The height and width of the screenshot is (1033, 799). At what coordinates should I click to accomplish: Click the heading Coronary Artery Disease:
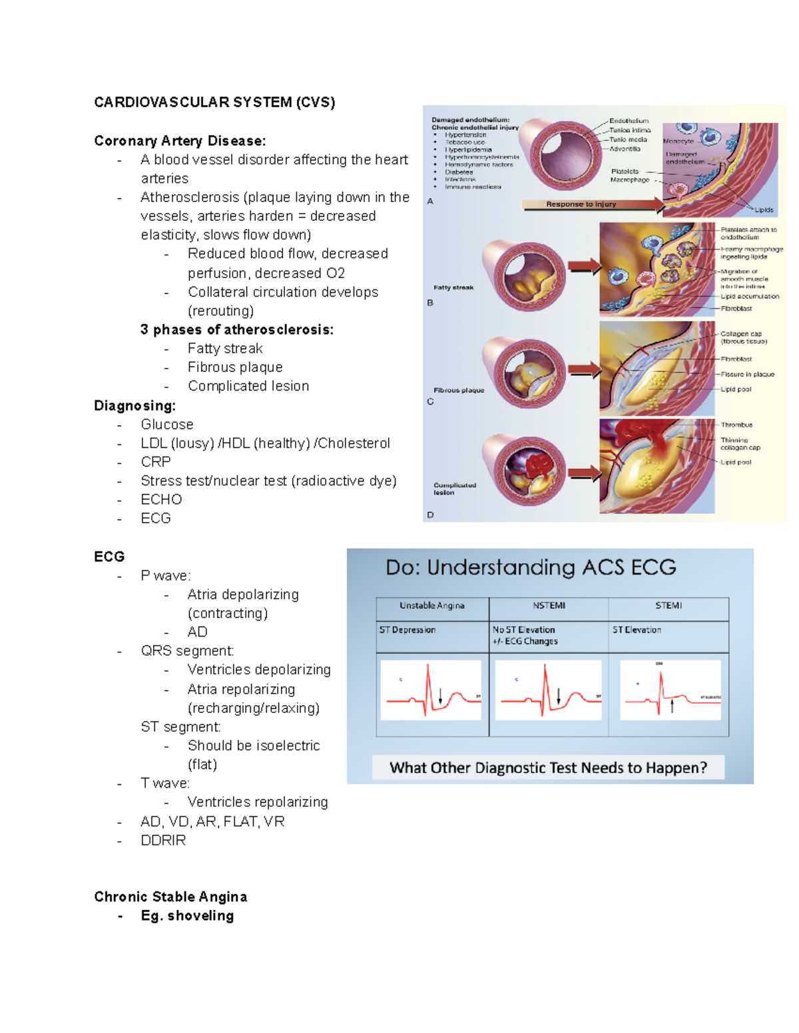[x=180, y=141]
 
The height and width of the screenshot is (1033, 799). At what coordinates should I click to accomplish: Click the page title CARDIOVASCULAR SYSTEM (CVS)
[x=214, y=102]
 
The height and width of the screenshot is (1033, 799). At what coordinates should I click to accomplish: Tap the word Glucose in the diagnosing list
[x=167, y=424]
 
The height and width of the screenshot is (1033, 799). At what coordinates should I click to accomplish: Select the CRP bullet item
[x=156, y=462]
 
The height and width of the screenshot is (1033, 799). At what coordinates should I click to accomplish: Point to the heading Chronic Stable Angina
[x=170, y=897]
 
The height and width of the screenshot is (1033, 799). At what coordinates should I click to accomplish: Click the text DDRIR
[x=163, y=840]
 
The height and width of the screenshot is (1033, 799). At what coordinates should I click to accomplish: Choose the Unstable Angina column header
[x=432, y=605]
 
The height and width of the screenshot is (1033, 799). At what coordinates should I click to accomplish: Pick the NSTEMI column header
[x=549, y=605]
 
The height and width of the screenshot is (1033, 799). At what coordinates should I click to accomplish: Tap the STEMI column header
[x=668, y=605]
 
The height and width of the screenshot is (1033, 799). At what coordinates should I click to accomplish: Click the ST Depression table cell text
[x=407, y=630]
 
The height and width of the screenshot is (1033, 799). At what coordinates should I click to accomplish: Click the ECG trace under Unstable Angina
[x=431, y=690]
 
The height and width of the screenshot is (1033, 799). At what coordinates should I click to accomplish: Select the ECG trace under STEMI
[x=670, y=690]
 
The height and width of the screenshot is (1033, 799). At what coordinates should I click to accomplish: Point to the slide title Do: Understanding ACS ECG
[x=531, y=567]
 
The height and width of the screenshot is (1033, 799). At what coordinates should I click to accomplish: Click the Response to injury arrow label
[x=581, y=204]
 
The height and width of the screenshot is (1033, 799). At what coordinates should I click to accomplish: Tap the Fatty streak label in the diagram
[x=453, y=287]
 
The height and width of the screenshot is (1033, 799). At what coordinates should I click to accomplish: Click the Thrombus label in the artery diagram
[x=736, y=424]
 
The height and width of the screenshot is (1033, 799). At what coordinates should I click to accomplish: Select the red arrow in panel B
[x=585, y=267]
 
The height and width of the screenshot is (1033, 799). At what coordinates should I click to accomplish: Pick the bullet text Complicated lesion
[x=248, y=386]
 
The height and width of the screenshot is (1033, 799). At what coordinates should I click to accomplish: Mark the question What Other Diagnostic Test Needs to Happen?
[x=548, y=768]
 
